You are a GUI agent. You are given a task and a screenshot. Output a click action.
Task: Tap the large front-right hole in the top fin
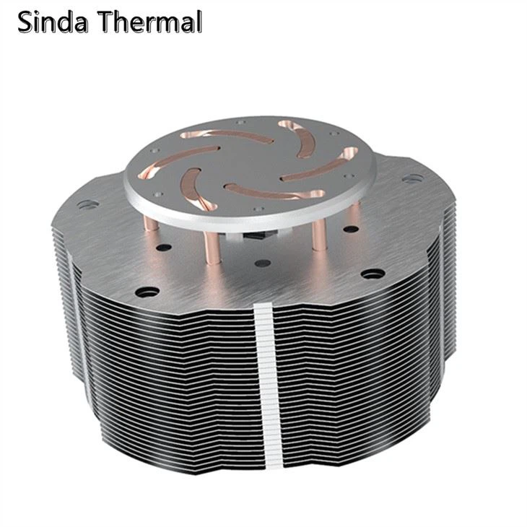pos(373,274)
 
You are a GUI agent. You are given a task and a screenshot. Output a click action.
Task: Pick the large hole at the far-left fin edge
pos(85,205)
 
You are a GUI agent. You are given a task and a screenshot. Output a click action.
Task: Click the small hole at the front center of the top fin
pos(263,263)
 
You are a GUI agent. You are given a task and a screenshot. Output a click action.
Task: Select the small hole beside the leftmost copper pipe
pos(164,247)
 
